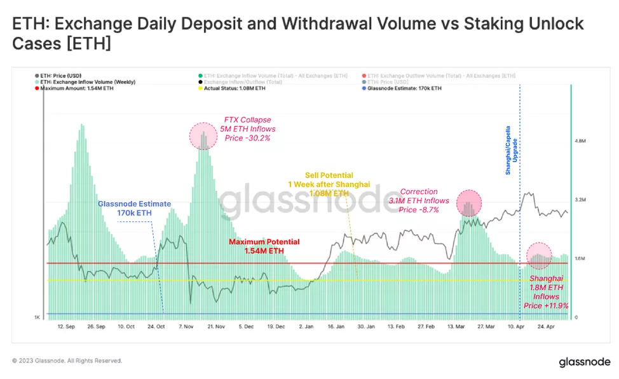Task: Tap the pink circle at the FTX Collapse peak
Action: coord(203,135)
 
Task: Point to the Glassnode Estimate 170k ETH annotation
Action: coord(134,209)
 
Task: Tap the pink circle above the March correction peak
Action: coord(469,203)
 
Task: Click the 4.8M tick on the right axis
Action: coord(579,141)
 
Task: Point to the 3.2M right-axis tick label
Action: coord(579,200)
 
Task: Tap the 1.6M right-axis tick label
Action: coord(579,259)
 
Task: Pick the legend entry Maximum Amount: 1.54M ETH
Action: coord(78,88)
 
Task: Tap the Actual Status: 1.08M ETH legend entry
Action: coord(229,88)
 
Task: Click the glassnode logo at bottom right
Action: coord(584,362)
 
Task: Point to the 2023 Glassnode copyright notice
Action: coord(67,361)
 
